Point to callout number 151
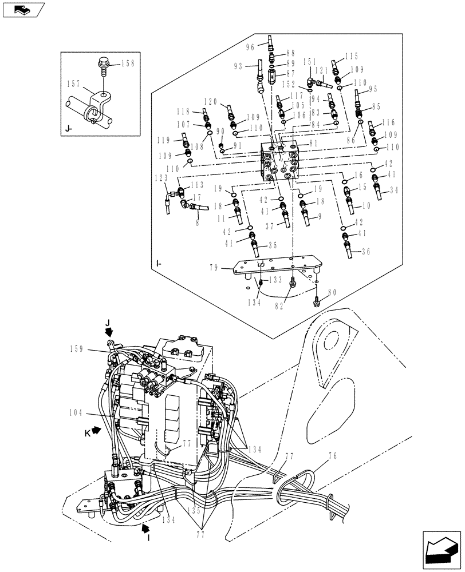tap(310, 61)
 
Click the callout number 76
tap(332, 456)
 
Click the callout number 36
tap(367, 251)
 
